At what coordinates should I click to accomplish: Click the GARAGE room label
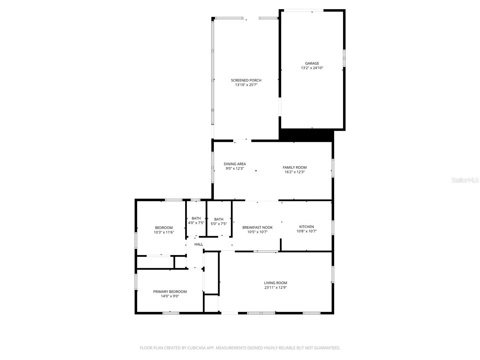312,63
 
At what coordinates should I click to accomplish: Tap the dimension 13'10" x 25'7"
246,85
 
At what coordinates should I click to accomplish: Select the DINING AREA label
235,164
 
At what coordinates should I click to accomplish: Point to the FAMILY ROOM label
295,167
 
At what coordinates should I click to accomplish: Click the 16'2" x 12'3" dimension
295,172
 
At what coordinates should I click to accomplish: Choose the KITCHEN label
306,226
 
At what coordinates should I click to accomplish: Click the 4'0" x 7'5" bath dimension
196,223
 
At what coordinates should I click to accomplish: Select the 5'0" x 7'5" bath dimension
219,224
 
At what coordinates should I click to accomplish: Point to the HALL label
199,244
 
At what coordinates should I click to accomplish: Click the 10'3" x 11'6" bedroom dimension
164,232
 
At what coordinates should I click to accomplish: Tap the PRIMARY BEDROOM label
170,292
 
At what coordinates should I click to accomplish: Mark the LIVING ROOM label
275,283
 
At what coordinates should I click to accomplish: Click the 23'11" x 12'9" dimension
275,287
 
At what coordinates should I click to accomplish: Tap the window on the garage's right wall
344,58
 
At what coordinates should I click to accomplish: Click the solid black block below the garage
306,135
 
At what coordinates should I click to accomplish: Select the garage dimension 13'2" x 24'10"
312,68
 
